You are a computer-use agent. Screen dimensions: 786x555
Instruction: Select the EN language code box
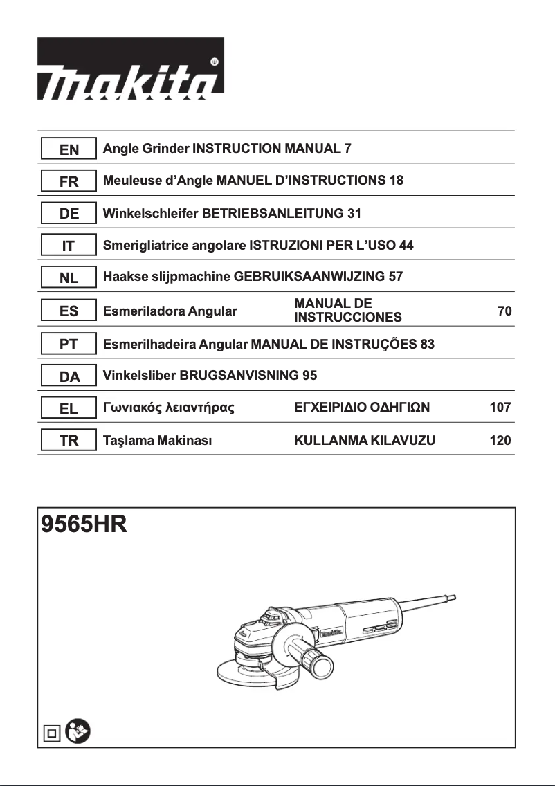click(x=69, y=149)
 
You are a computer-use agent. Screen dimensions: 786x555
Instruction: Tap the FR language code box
click(x=69, y=181)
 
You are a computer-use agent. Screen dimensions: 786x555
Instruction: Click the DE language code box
click(x=69, y=214)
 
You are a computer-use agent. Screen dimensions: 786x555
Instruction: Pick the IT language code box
click(x=69, y=246)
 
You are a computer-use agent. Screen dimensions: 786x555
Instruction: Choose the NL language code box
click(x=69, y=278)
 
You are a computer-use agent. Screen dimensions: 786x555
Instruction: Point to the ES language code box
click(x=69, y=311)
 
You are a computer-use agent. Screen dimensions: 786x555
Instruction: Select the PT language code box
click(x=69, y=343)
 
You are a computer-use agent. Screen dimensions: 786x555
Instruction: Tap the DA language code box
click(x=69, y=376)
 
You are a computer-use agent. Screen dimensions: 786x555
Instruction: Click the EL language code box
click(x=69, y=408)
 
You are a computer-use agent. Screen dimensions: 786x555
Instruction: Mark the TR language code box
click(x=69, y=440)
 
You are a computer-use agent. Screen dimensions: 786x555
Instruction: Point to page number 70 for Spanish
click(x=504, y=311)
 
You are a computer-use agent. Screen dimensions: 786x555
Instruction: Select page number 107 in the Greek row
click(x=500, y=408)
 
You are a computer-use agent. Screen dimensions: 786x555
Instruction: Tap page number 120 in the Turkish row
click(x=500, y=440)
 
